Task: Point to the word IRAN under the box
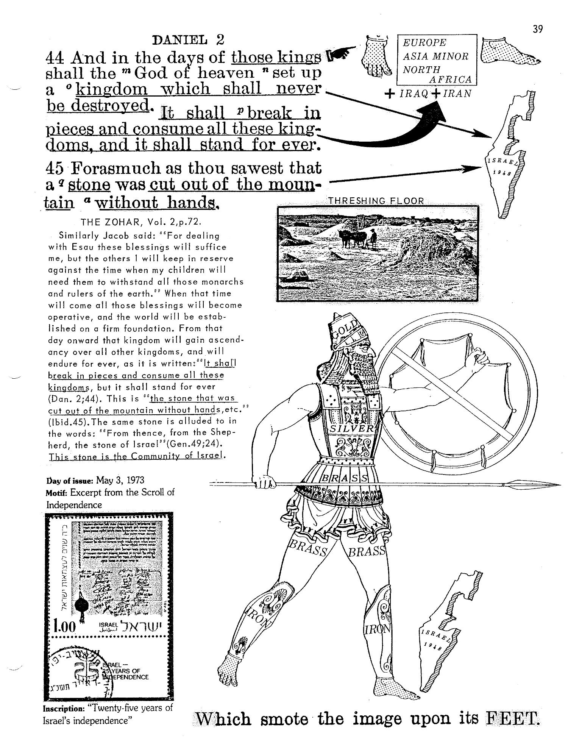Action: click(x=457, y=94)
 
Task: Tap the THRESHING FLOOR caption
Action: click(x=376, y=201)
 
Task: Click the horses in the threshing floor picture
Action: click(x=351, y=239)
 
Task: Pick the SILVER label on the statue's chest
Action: click(x=352, y=428)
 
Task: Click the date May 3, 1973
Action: click(x=120, y=480)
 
